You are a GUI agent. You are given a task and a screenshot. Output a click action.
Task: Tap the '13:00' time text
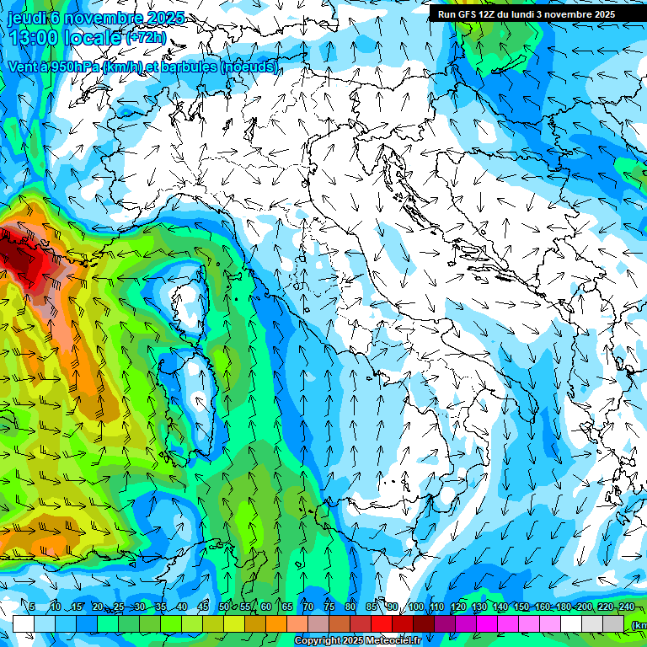[x=33, y=38]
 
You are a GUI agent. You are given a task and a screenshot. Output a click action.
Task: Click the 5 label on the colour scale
[x=31, y=607]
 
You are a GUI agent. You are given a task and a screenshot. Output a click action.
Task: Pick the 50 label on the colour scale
[x=223, y=607]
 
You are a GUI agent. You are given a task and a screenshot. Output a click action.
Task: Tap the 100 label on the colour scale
[x=415, y=607]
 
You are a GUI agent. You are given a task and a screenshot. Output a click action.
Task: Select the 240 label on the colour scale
[x=626, y=607]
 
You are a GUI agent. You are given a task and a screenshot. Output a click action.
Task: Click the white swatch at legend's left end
[x=24, y=623]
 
